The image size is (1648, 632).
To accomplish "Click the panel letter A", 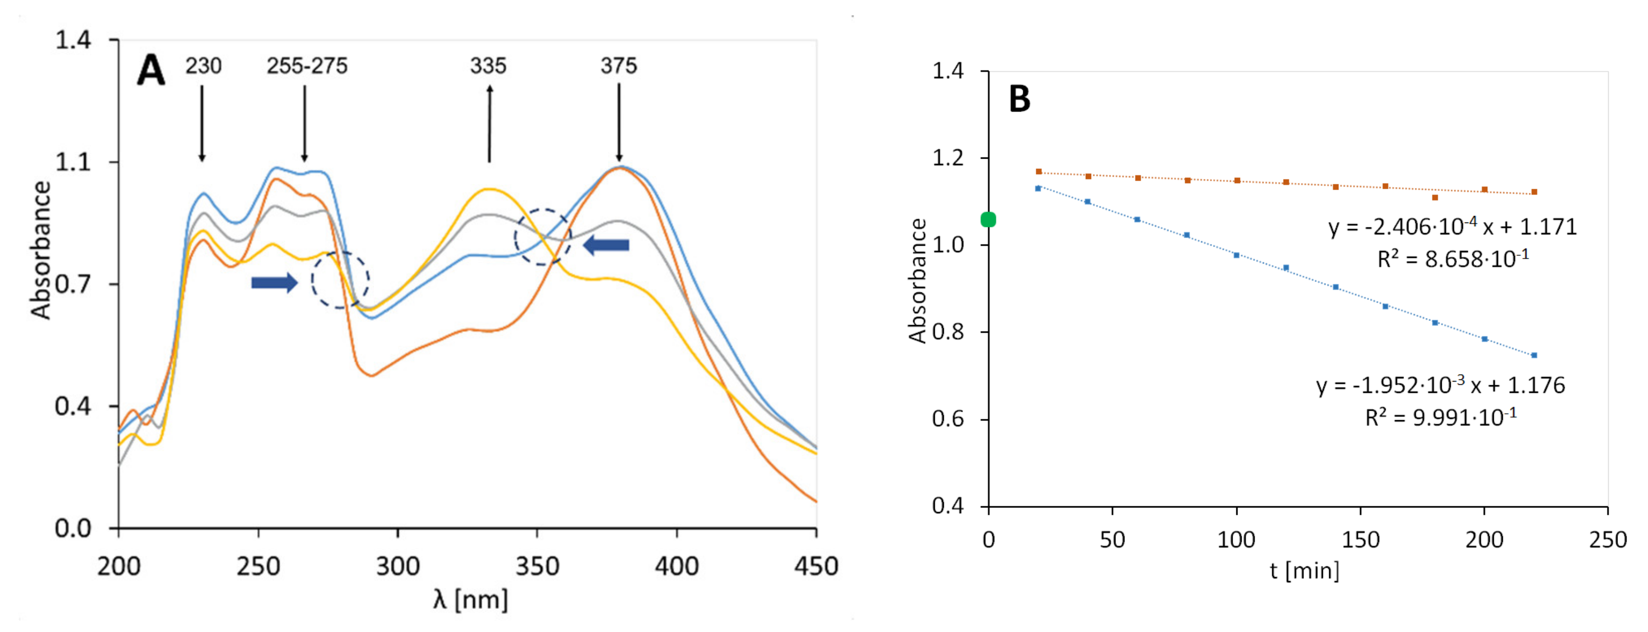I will pyautogui.click(x=151, y=70).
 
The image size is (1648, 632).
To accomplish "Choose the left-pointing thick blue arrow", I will pyautogui.click(x=606, y=245).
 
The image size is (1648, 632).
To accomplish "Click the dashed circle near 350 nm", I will pyautogui.click(x=542, y=236).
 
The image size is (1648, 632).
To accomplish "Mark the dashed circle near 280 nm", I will pyautogui.click(x=340, y=279).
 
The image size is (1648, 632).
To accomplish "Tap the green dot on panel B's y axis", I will pyautogui.click(x=988, y=219).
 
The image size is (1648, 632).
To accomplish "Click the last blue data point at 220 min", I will pyautogui.click(x=1534, y=355).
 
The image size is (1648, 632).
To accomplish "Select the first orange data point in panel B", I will pyautogui.click(x=1038, y=171).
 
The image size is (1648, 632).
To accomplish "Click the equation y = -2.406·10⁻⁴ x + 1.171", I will pyautogui.click(x=1452, y=227).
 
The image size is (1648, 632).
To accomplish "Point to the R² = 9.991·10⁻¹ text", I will pyautogui.click(x=1441, y=417).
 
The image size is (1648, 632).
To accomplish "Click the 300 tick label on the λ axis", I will pyautogui.click(x=397, y=566).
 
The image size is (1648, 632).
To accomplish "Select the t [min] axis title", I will pyautogui.click(x=1305, y=570).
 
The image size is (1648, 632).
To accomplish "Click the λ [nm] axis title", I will pyautogui.click(x=471, y=599).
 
